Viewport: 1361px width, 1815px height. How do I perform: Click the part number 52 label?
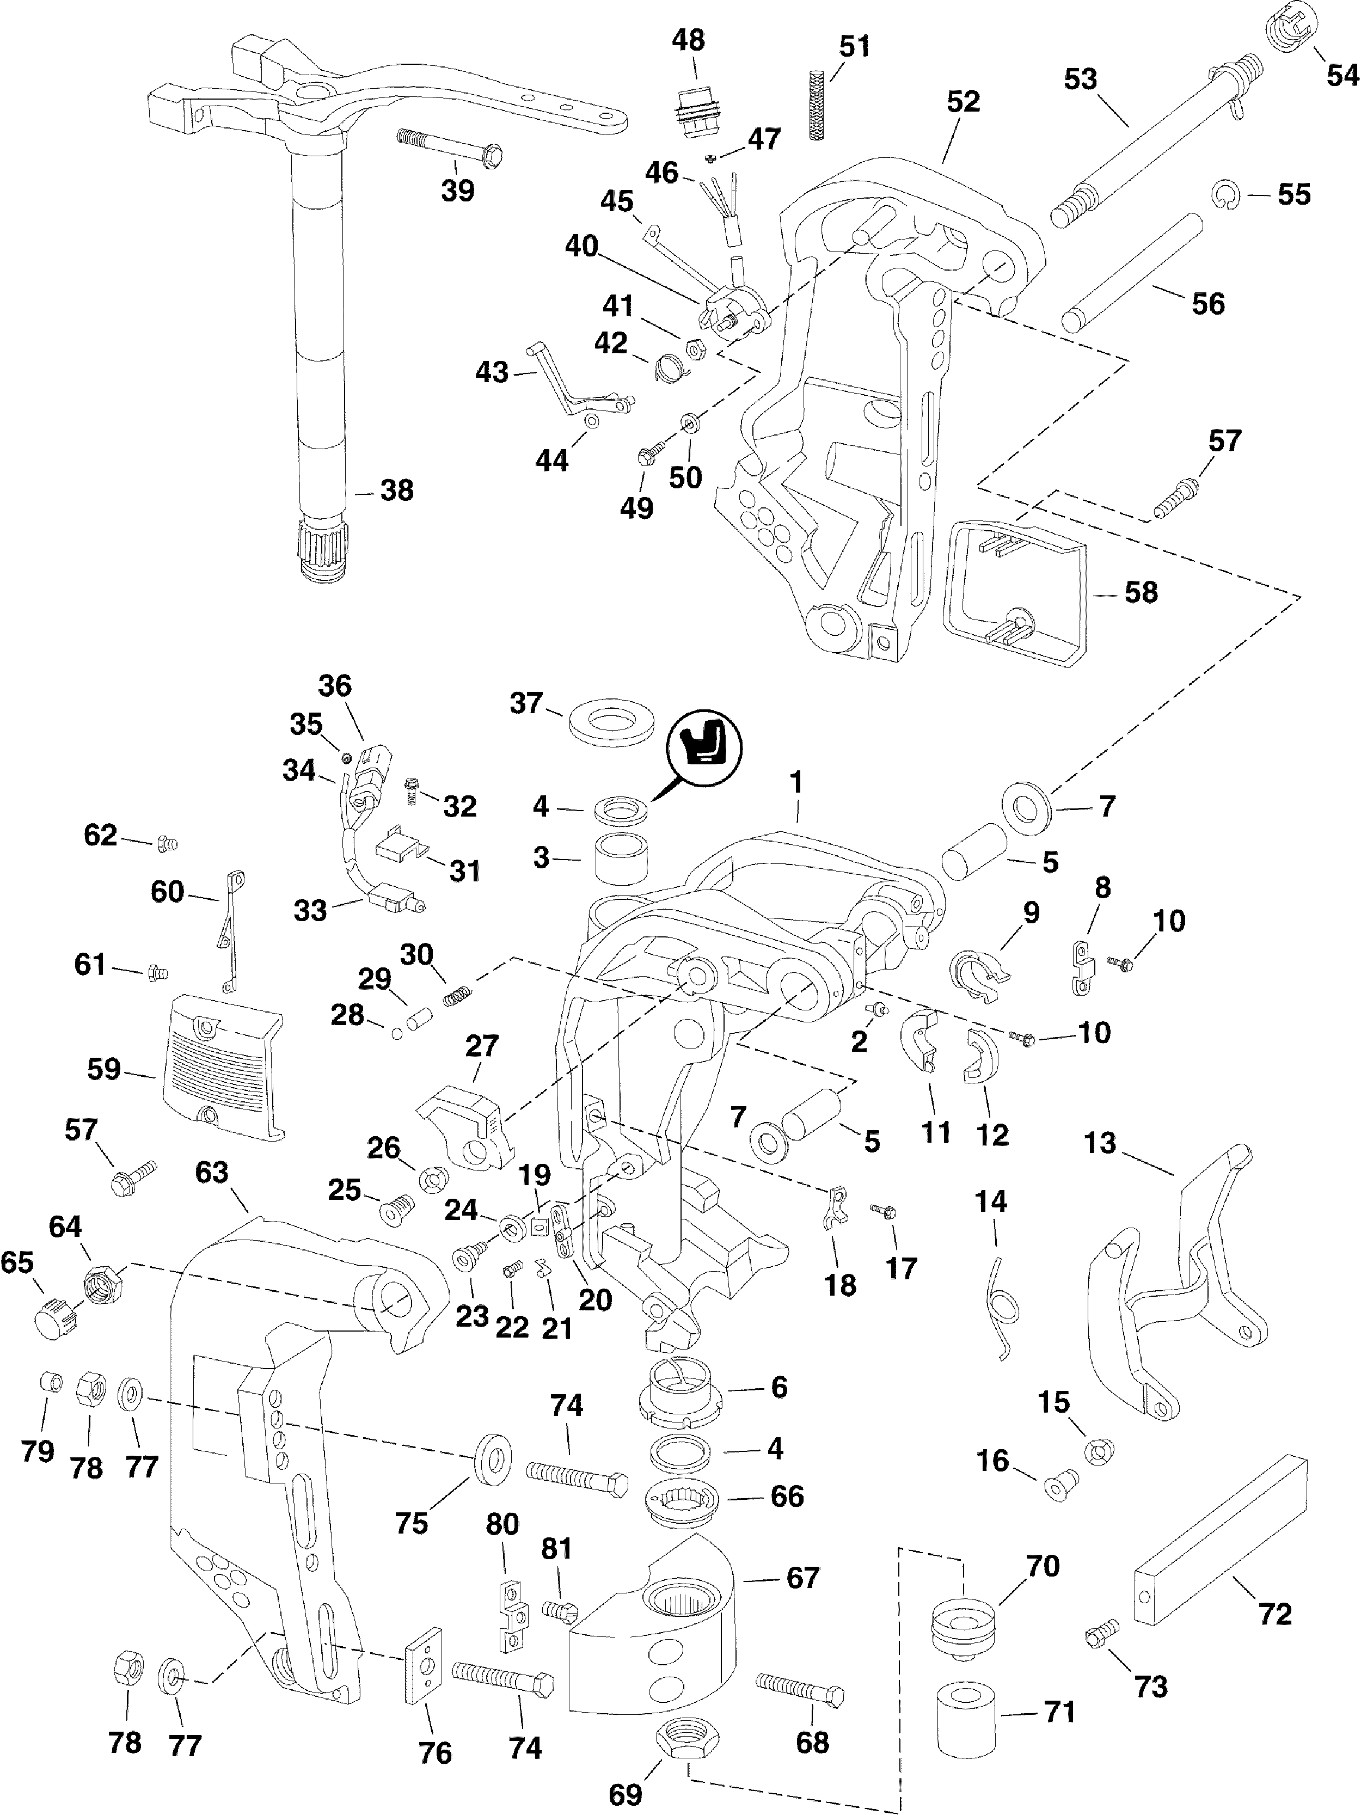coord(963,102)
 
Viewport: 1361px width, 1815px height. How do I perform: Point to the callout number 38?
coord(397,490)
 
